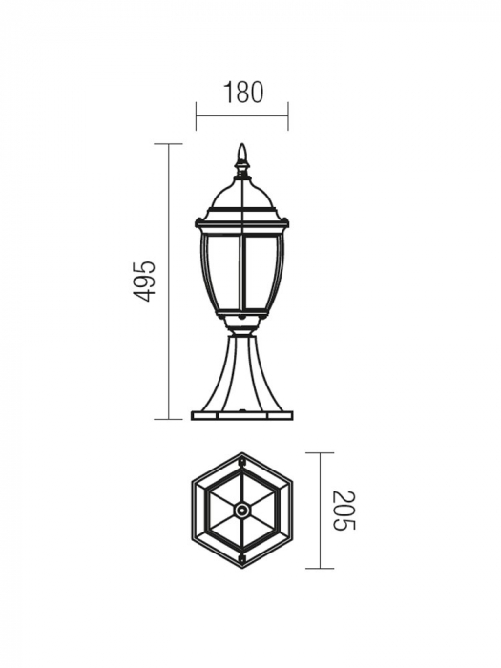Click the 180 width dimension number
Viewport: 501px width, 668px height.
pyautogui.click(x=242, y=93)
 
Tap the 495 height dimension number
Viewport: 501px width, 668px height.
pyautogui.click(x=143, y=281)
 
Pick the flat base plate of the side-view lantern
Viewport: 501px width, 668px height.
pyautogui.click(x=242, y=415)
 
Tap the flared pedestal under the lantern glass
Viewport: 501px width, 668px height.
pyautogui.click(x=242, y=372)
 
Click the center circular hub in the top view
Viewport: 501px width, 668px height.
pyautogui.click(x=242, y=511)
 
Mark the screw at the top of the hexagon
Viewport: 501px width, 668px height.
pyautogui.click(x=242, y=463)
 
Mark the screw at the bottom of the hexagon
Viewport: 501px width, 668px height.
pyautogui.click(x=242, y=559)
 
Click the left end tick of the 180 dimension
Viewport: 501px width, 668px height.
pyautogui.click(x=197, y=116)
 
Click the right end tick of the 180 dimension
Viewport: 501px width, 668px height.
pyautogui.click(x=288, y=116)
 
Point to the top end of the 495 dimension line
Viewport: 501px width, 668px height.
pyautogui.click(x=169, y=144)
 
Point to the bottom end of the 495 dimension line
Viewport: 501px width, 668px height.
pyautogui.click(x=169, y=419)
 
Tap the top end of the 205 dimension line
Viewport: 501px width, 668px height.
pyautogui.click(x=320, y=453)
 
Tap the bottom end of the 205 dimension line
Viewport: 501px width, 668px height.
pyautogui.click(x=320, y=569)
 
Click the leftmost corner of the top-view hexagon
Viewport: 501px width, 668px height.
pyautogui.click(x=192, y=511)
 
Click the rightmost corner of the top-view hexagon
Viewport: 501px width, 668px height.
pyautogui.click(x=293, y=511)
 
